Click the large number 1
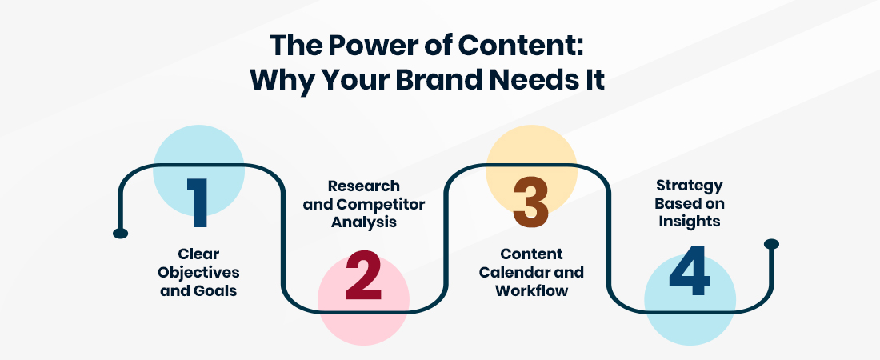click(x=198, y=202)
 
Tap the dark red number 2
click(x=364, y=275)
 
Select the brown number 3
click(x=531, y=202)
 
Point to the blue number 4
click(x=690, y=270)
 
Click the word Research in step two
click(x=364, y=186)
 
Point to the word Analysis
click(x=364, y=222)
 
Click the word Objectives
click(x=198, y=273)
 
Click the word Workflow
click(x=531, y=290)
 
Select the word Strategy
click(x=689, y=186)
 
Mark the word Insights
click(x=689, y=222)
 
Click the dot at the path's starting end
click(x=121, y=233)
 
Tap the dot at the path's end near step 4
click(x=772, y=244)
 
